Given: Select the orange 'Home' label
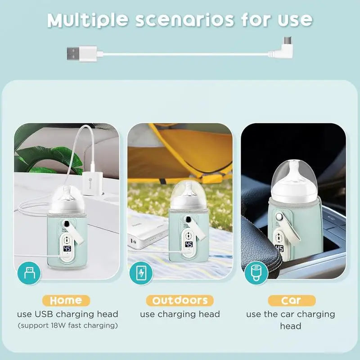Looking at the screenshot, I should (x=66, y=300).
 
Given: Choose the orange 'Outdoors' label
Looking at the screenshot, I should (x=180, y=300).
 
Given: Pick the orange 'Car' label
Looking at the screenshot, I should (x=292, y=300).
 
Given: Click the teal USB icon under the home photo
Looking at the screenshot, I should (x=29, y=273).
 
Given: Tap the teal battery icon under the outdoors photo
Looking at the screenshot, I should (x=141, y=273).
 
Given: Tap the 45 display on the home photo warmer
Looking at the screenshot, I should (x=67, y=248).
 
